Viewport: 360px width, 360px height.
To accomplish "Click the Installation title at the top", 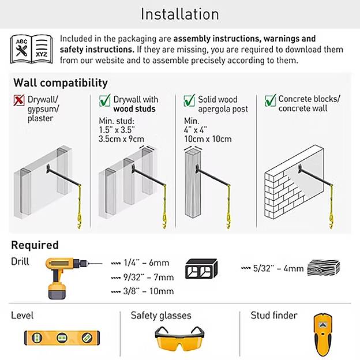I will coord(179,14).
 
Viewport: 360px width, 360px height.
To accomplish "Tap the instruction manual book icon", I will coord(31,50).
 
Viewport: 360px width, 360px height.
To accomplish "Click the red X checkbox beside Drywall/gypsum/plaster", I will coord(19,100).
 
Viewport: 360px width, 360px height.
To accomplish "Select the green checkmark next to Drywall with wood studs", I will coord(104,100).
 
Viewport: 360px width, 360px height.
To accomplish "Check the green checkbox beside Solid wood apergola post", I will coord(189,100).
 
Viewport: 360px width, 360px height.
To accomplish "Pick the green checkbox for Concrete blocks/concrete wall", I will coord(269,100).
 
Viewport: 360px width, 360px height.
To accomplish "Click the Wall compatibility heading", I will coord(61,82).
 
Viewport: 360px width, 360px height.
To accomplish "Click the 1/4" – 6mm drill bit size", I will coord(142,263).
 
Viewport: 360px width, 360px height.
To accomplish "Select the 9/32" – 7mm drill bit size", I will coord(144,277).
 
